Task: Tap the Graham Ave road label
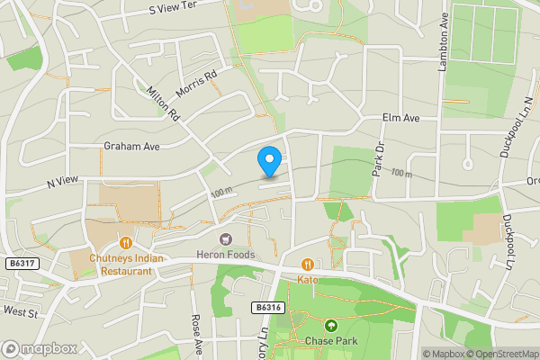[x=131, y=146]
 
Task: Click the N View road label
[x=63, y=182]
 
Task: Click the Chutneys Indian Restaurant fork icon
[x=126, y=242]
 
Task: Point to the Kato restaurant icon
[x=308, y=265]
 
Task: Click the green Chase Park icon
[x=331, y=325]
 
